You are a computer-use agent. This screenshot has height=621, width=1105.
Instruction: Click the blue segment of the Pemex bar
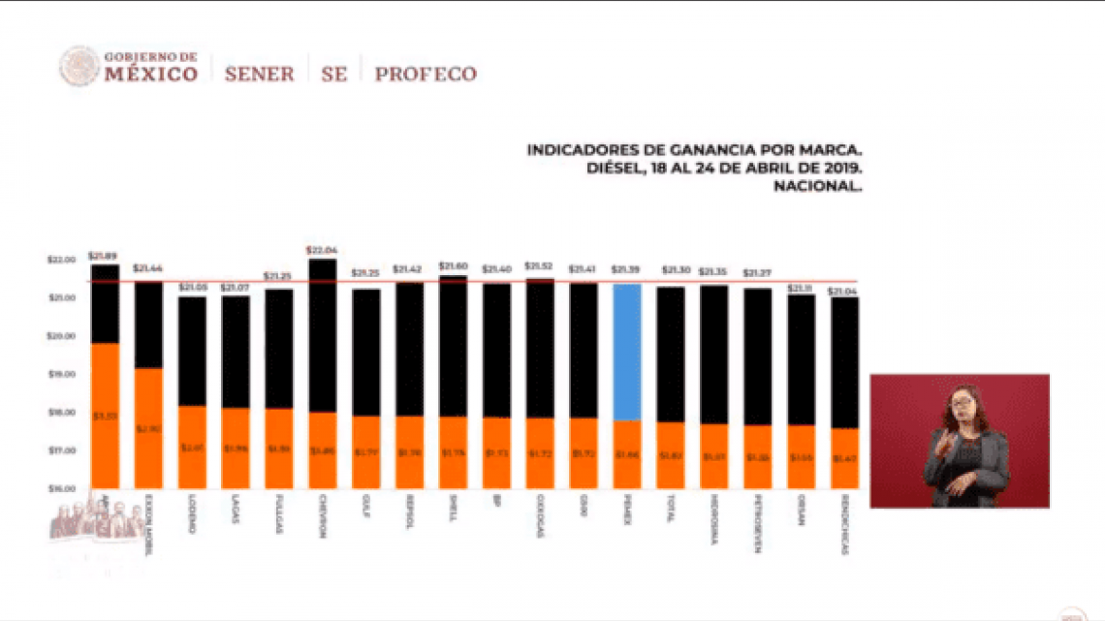(627, 351)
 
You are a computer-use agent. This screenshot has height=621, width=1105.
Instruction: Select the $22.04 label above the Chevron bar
(322, 250)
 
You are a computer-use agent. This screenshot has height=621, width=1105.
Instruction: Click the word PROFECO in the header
(426, 74)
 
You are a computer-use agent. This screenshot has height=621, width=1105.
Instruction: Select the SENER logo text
(259, 74)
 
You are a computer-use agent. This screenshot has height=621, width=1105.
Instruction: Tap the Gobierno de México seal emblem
(79, 67)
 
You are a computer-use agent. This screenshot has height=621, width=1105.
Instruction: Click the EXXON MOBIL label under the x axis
(148, 523)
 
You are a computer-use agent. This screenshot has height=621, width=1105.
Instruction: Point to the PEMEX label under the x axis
(627, 511)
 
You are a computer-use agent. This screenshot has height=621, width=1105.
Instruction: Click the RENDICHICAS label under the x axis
(844, 526)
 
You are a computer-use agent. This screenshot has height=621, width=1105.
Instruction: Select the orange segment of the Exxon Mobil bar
(148, 427)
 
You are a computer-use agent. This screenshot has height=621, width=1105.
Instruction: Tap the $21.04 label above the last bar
(844, 291)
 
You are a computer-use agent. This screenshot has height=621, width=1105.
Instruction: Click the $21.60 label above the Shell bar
(453, 265)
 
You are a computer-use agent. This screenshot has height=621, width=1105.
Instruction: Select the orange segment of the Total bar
(670, 454)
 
